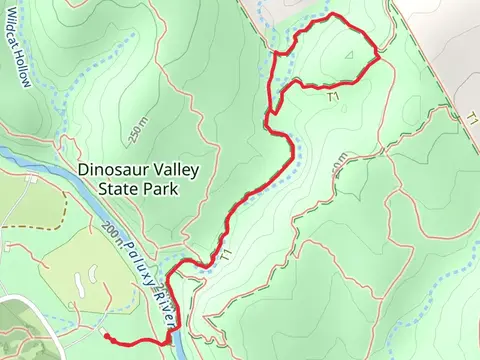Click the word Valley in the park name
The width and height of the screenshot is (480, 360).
click(175, 170)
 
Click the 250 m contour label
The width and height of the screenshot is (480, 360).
click(137, 129)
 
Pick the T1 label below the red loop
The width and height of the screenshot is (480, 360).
click(335, 96)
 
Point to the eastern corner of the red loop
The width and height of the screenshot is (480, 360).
click(378, 60)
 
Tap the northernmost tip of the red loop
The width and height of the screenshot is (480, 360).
click(332, 16)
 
